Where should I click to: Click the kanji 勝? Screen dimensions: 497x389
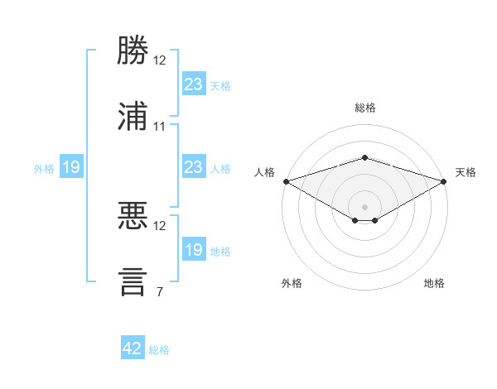coord(133,50)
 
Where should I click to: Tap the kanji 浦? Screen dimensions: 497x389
coord(133,116)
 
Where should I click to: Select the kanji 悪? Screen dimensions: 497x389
coord(133,215)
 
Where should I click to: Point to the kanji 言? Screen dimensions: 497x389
coord(133,282)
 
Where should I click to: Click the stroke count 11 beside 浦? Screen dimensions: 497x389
coord(159,127)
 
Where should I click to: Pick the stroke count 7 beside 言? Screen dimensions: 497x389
coord(160,291)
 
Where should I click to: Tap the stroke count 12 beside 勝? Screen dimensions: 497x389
coord(159,60)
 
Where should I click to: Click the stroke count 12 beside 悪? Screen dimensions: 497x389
coord(159,226)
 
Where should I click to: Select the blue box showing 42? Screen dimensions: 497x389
coord(133,347)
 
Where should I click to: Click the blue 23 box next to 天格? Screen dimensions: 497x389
coord(194,84)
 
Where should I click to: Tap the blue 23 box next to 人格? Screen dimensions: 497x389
coord(194,166)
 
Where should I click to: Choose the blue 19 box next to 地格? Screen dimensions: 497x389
coord(194,248)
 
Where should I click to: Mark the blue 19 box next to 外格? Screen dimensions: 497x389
coord(71,166)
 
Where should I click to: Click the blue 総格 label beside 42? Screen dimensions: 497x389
coord(159,350)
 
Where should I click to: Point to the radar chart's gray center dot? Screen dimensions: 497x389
coord(364,207)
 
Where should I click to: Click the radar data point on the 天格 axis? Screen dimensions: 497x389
coord(444,181)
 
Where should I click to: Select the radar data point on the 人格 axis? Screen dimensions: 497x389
coord(287,181)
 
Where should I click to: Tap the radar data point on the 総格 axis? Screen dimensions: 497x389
coord(364,157)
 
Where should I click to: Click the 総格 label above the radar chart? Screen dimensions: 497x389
coord(365,108)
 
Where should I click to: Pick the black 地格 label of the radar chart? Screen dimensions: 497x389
coord(434,283)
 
